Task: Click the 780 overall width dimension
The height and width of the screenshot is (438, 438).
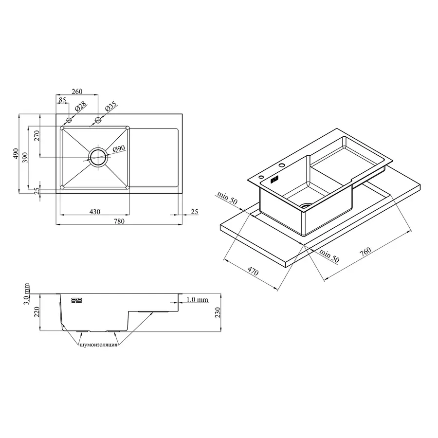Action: (119, 221)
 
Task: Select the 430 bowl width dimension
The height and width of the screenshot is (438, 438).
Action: (95, 212)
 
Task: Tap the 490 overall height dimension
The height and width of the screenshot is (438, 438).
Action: (16, 154)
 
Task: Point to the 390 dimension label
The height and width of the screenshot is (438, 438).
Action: (25, 158)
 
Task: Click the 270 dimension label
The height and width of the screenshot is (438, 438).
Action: (37, 135)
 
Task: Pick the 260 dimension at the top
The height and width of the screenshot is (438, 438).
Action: (77, 91)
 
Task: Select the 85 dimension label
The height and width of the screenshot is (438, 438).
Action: (62, 100)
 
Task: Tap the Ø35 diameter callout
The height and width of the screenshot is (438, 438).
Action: (110, 107)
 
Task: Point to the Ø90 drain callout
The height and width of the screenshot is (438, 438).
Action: (119, 149)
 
